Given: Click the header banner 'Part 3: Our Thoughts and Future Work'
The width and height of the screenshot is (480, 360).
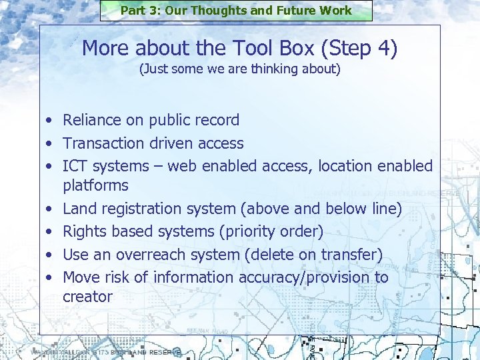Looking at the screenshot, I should (x=236, y=11).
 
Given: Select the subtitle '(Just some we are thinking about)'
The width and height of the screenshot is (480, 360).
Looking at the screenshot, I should (x=239, y=69).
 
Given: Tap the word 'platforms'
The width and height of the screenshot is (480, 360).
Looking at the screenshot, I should (x=95, y=185).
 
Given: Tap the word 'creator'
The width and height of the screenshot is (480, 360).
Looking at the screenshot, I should (x=87, y=297).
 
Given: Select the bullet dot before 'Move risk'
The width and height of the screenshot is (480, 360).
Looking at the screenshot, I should (x=49, y=277).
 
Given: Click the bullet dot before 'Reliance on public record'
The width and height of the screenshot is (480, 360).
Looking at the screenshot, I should (x=49, y=121).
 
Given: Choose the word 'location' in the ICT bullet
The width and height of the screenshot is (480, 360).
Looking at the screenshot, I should (x=347, y=165).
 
